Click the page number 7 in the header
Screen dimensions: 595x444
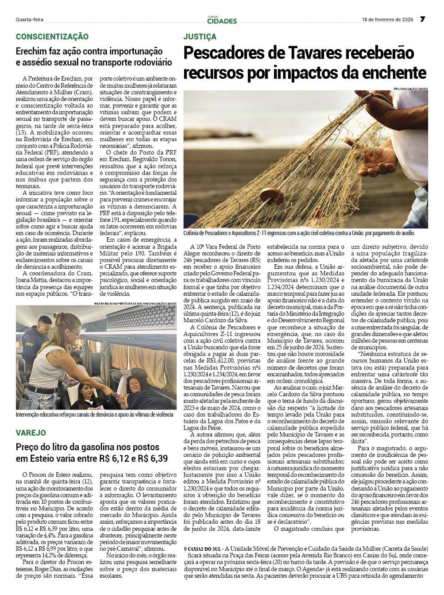tap(422, 19)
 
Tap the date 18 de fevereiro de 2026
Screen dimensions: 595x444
tap(387, 19)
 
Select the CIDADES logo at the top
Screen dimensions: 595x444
tap(222, 20)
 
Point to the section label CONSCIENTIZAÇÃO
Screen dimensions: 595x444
tap(52, 37)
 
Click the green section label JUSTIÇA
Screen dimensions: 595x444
tap(200, 37)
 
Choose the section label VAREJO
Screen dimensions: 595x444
tap(31, 433)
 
